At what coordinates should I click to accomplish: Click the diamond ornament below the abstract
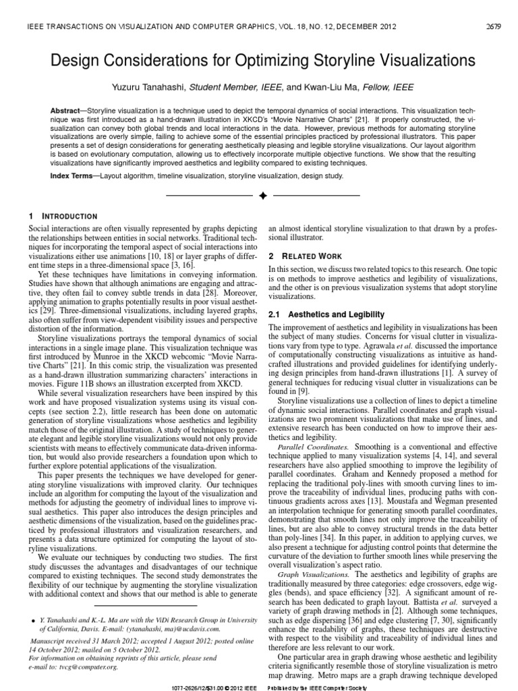[x=258, y=196]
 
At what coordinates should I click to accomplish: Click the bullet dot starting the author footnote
[x=34, y=617]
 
